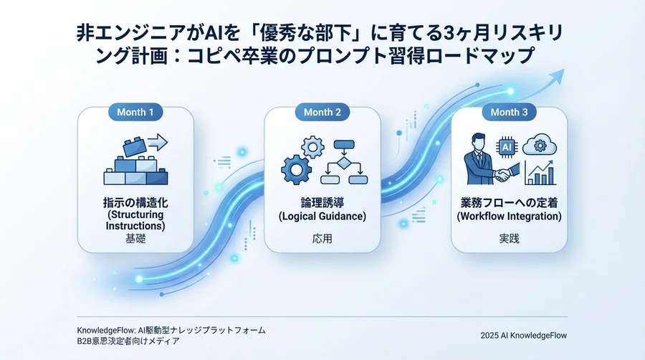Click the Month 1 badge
click(x=135, y=113)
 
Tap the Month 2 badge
click(x=322, y=113)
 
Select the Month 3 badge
click(x=509, y=113)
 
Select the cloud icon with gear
click(x=538, y=146)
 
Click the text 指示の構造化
click(x=135, y=203)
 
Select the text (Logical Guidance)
click(x=322, y=216)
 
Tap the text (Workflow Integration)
click(x=509, y=216)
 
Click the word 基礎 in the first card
click(x=135, y=238)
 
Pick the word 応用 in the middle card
click(x=322, y=238)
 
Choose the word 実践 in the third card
click(x=509, y=238)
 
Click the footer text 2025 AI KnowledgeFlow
click(x=523, y=335)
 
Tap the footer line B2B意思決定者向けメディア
click(x=128, y=341)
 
